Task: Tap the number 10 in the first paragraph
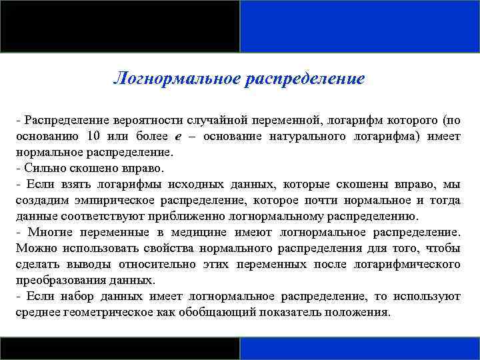point(93,137)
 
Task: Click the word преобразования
point(54,281)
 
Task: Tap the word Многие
point(51,233)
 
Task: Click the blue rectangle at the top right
point(360,26)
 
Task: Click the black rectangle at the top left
point(120,26)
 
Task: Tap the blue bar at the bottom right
point(360,349)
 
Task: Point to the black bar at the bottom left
point(120,349)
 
